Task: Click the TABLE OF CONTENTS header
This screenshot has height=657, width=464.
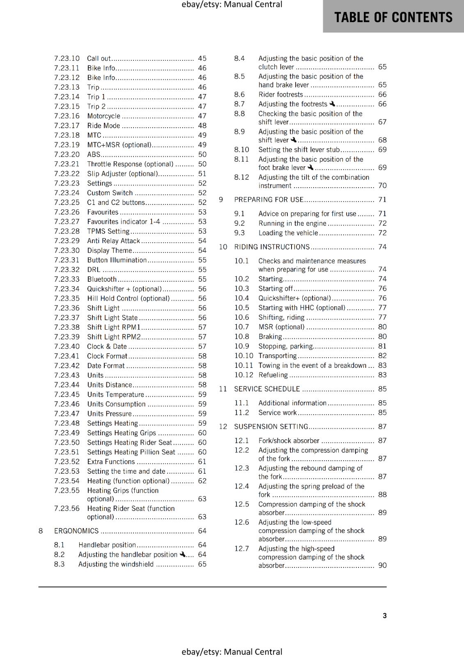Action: point(393,17)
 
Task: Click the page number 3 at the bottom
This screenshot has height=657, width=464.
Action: point(384,616)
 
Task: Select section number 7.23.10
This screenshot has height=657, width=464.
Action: point(67,58)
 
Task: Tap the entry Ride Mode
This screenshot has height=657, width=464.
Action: point(103,126)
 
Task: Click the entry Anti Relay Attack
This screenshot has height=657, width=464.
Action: point(113,241)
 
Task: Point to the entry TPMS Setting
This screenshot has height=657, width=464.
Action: point(108,231)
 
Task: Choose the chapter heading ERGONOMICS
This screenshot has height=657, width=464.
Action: point(76,531)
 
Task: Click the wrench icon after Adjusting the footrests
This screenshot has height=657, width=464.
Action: point(332,104)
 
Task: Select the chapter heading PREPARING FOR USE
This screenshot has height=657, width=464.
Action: point(269,200)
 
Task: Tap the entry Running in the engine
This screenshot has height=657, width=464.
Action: point(292,223)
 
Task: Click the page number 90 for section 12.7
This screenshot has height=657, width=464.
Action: point(382,565)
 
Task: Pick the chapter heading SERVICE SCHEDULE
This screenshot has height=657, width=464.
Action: point(267,389)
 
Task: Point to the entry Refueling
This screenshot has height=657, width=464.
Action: point(273,375)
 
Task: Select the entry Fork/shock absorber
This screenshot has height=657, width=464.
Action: point(289,441)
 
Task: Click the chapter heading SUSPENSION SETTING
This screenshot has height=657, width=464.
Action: point(271,427)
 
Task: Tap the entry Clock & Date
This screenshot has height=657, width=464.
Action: point(107,347)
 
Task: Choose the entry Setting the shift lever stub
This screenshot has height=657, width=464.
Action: point(299,150)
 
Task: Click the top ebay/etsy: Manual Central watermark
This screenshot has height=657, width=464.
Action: point(232,5)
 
